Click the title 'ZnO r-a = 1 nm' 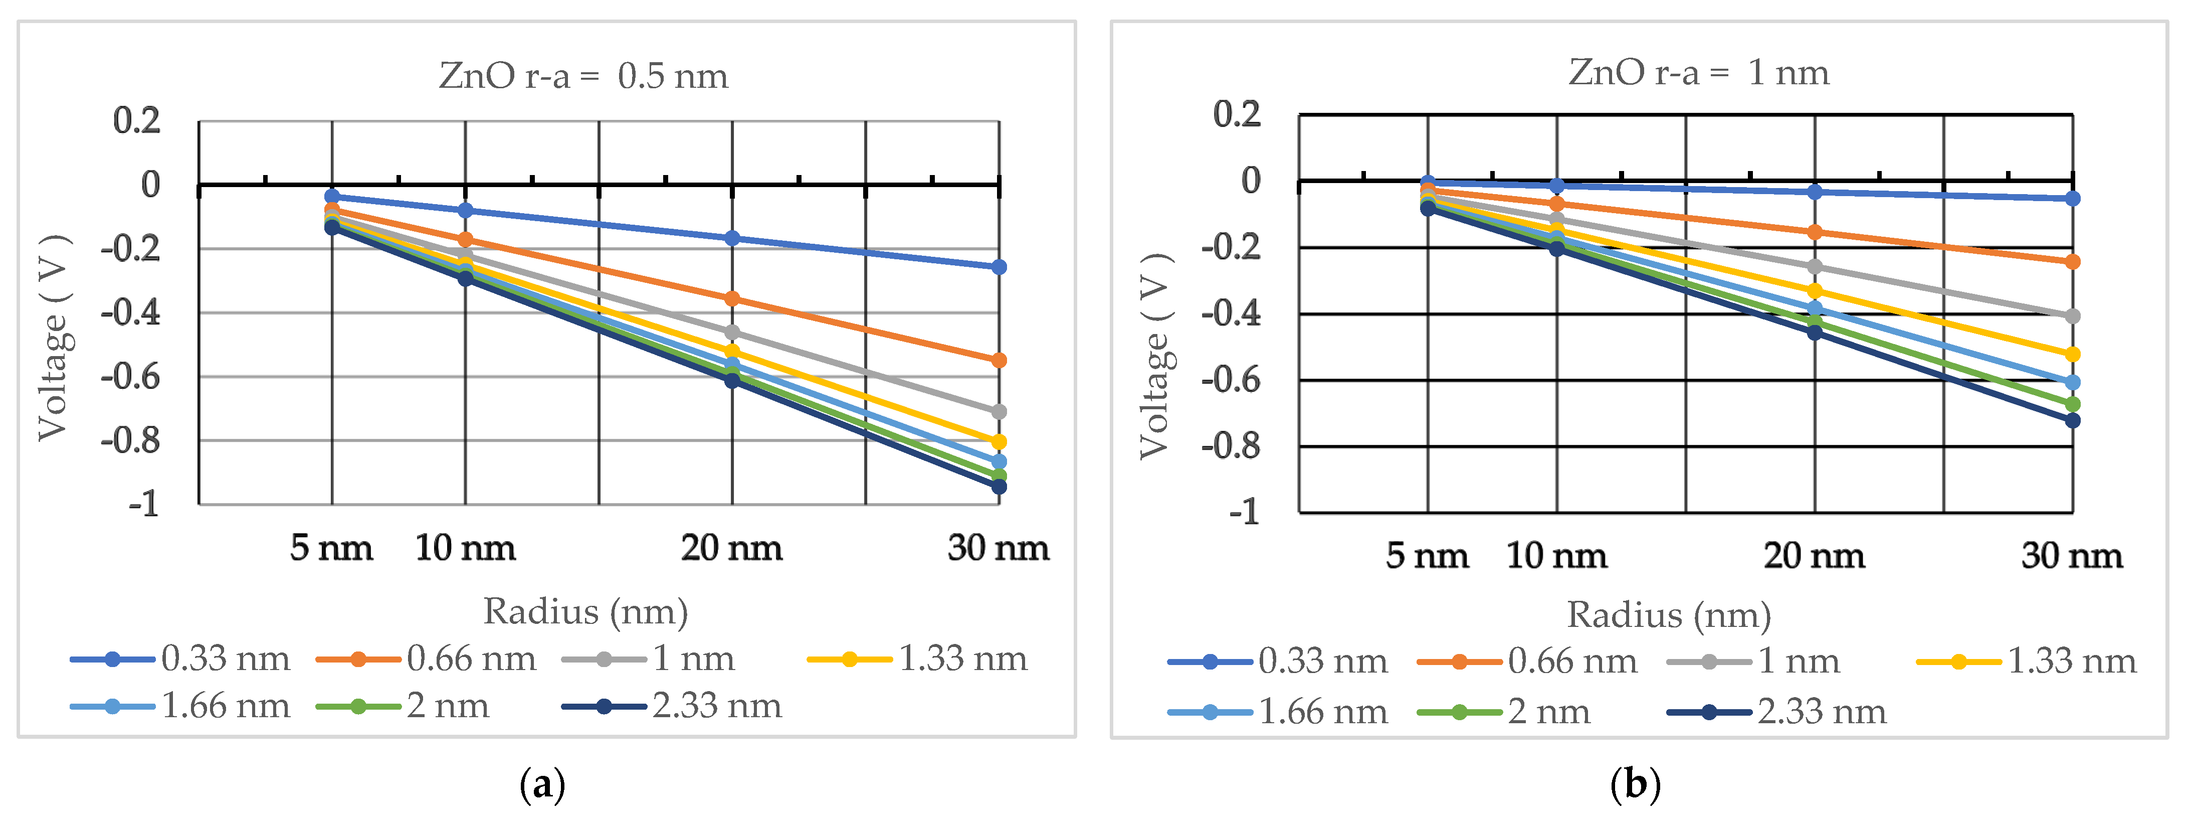click(1698, 73)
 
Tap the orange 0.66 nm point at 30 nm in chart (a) click(999, 361)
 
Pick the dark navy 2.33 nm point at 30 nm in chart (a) click(999, 486)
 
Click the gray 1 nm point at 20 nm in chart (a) click(731, 332)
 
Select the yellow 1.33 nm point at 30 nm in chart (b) click(2072, 354)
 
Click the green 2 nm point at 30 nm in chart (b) click(2072, 404)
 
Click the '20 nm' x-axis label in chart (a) click(731, 548)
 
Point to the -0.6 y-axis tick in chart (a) click(131, 376)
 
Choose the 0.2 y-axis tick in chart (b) click(1237, 114)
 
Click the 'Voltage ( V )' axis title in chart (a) click(54, 338)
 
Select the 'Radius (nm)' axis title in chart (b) click(1668, 615)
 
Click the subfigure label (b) click(1635, 785)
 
